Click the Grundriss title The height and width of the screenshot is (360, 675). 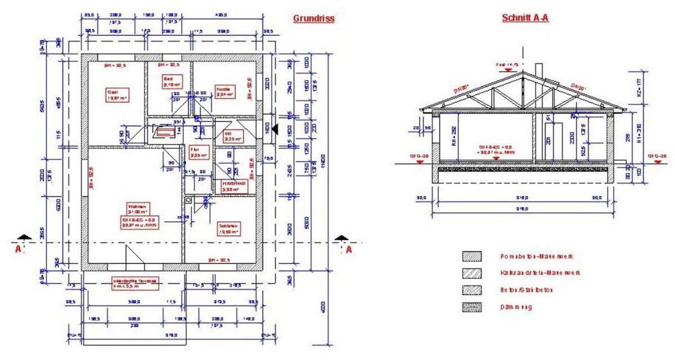click(x=313, y=19)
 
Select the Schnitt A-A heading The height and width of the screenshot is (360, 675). click(x=524, y=18)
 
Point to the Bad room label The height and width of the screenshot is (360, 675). click(x=170, y=82)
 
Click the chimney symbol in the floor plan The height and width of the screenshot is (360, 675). click(x=164, y=133)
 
